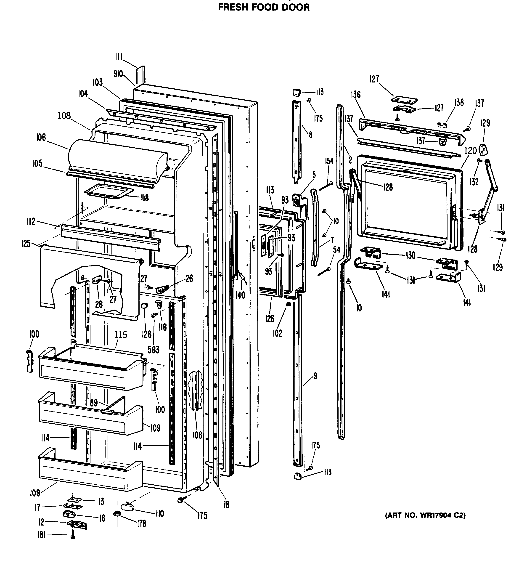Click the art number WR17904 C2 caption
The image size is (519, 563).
[x=425, y=515]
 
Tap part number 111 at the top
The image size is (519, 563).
[x=119, y=57]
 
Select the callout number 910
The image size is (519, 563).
[x=118, y=74]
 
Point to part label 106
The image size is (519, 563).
[x=41, y=137]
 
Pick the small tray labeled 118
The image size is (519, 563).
[x=108, y=192]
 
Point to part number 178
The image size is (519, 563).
[x=142, y=524]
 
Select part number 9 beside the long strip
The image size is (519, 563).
[x=315, y=376]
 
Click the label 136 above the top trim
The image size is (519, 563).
[x=355, y=94]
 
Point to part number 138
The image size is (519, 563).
[x=459, y=103]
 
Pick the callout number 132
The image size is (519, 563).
[x=474, y=182]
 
